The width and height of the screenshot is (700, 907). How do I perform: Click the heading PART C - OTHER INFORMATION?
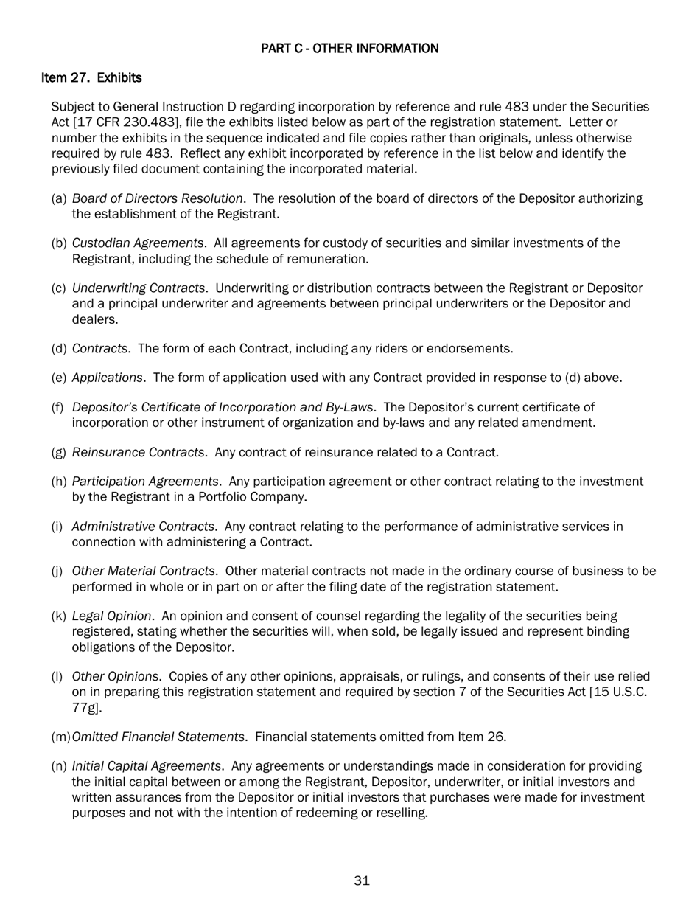pos(349,49)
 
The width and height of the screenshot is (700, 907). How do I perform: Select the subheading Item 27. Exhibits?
pos(91,77)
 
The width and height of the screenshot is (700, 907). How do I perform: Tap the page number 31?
pos(361,880)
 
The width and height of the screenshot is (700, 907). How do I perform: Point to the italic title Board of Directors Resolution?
pos(158,199)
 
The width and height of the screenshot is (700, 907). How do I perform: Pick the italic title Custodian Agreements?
pos(138,243)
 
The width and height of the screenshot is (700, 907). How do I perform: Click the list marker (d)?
pos(59,348)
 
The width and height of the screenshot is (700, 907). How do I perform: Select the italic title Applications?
pos(108,378)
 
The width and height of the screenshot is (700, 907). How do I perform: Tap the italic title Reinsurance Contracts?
pos(138,452)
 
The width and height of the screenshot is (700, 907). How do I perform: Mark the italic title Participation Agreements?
pos(145,482)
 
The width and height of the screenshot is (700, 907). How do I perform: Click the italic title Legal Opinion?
pos(113,616)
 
